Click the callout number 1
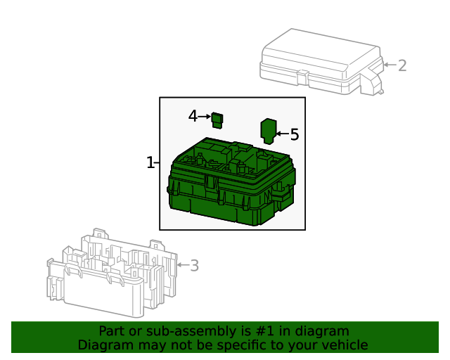pyautogui.click(x=150, y=163)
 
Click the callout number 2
pyautogui.click(x=402, y=66)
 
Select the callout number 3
pyautogui.click(x=195, y=266)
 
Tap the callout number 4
pyautogui.click(x=193, y=116)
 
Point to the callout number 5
pyautogui.click(x=295, y=134)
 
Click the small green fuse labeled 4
pyautogui.click(x=218, y=120)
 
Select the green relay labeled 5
pyautogui.click(x=269, y=131)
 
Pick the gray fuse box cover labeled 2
pyautogui.click(x=316, y=60)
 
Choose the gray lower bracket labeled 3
pyautogui.click(x=112, y=274)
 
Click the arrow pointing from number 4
pyautogui.click(x=205, y=117)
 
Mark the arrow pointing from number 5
pyautogui.click(x=282, y=134)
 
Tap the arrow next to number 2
pyautogui.click(x=389, y=66)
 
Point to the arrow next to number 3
pyautogui.click(x=181, y=265)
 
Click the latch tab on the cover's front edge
pyautogui.click(x=302, y=73)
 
